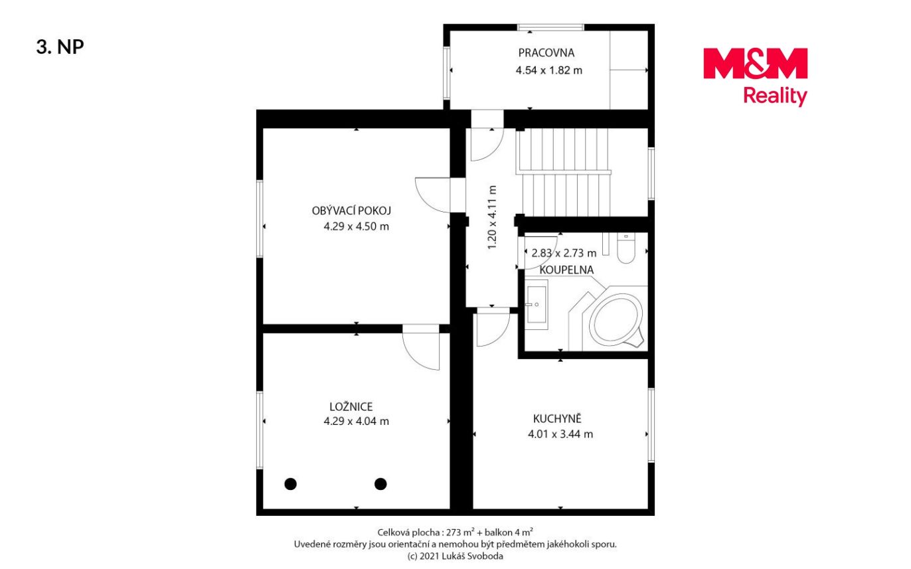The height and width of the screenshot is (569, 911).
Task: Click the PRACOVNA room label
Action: point(546,53)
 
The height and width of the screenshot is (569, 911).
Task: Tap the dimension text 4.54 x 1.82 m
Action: point(548,70)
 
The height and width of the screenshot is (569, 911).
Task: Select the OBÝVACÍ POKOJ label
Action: point(351,210)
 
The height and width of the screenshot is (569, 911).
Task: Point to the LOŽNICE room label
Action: point(351,406)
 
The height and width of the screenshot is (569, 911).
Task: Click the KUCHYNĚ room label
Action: point(557,418)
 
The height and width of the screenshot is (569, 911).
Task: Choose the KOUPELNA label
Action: point(566,270)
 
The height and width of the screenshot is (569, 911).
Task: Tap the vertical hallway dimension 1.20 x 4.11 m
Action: point(492,218)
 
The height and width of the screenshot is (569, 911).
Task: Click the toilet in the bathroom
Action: point(626,248)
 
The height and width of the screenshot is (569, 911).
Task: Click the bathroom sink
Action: point(537,304)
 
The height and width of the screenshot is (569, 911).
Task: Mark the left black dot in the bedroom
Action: point(290,484)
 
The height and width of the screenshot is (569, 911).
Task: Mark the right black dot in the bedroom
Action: point(380,484)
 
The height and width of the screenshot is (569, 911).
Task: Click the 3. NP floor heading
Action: point(60,47)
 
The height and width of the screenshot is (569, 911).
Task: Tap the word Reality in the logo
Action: point(775,96)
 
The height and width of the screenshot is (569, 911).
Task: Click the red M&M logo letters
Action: point(755,64)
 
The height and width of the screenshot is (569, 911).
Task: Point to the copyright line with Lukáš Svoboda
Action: point(455,556)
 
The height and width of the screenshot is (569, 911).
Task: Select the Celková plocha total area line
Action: point(455,532)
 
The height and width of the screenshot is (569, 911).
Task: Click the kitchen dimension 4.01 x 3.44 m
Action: point(560,434)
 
